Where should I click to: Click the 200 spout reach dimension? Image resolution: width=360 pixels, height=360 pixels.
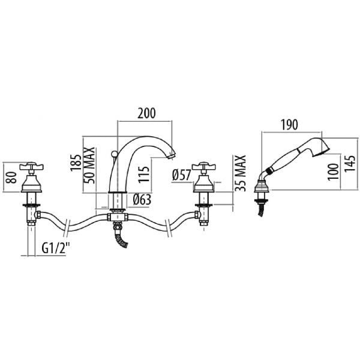pos(147,113)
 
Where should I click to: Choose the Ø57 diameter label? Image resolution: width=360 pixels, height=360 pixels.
pos(182,176)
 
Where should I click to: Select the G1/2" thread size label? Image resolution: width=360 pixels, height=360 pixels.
pos(55,247)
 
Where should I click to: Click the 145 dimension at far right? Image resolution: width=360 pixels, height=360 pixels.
pos(350,164)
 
